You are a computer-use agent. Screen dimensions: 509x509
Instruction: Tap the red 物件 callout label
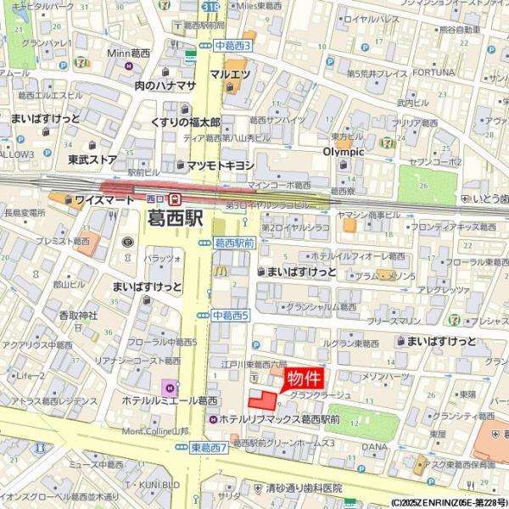[x=303, y=378]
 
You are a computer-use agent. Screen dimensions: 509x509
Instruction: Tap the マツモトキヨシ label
[x=220, y=165]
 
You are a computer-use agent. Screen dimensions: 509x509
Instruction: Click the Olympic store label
[x=343, y=152]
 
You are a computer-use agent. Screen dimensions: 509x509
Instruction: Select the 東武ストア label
[x=92, y=159]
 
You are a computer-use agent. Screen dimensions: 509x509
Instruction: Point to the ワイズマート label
[x=103, y=199]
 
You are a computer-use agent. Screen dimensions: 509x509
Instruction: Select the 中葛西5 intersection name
[x=230, y=315]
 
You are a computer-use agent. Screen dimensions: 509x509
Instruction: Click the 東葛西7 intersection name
[x=208, y=447]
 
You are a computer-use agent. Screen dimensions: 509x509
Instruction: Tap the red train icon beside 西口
[x=174, y=199]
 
